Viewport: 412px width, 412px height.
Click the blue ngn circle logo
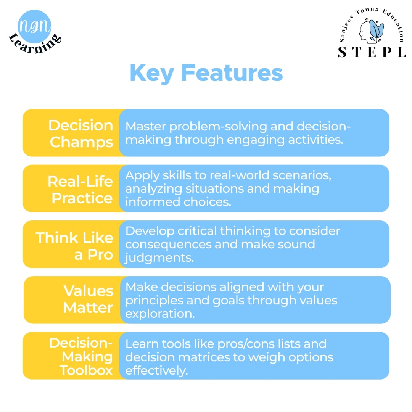(34, 26)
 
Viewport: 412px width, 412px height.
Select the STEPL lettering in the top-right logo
(372, 52)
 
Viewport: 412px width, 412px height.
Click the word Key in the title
(151, 73)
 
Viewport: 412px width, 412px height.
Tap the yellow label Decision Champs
(81, 134)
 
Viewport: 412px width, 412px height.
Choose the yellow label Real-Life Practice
(80, 190)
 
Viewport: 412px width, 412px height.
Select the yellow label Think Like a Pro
(74, 246)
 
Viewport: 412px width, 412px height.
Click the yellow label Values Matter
(88, 299)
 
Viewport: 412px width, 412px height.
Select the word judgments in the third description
(159, 258)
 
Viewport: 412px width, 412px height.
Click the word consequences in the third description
(168, 245)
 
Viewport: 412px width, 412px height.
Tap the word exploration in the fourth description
(160, 314)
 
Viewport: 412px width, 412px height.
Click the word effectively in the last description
(157, 370)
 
